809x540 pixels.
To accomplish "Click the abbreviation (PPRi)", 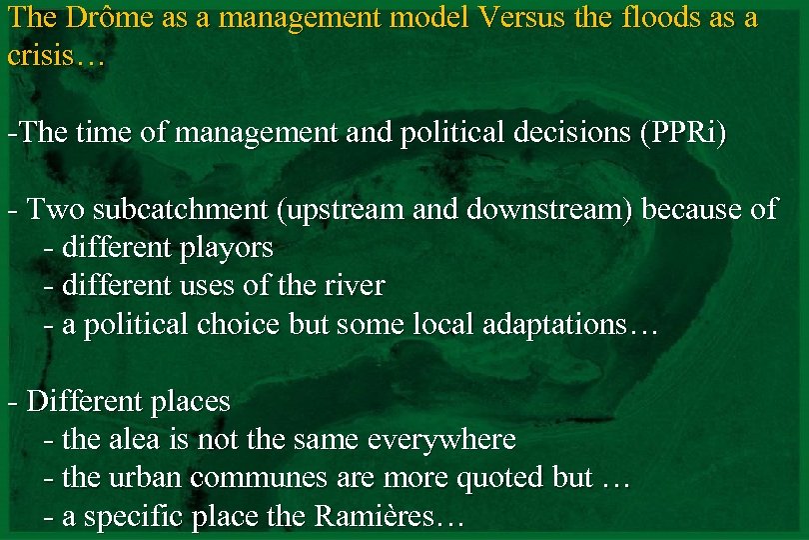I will (x=682, y=133).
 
